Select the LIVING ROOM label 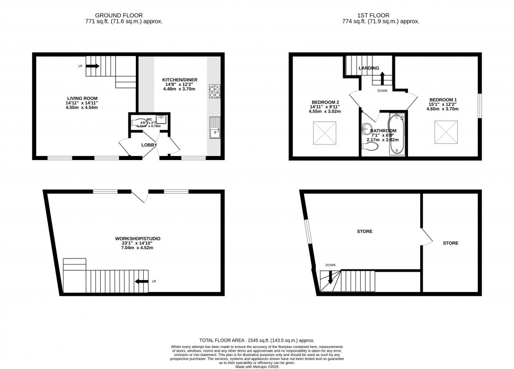point(82,98)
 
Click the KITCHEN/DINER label point(177,79)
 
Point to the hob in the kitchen point(215,92)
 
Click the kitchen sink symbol point(215,128)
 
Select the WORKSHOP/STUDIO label point(138,239)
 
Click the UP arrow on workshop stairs point(141,282)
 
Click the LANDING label point(369,69)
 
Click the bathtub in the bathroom point(396,137)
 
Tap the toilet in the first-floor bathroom point(370,147)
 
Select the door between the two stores point(426,237)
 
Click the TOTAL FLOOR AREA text point(256,340)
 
